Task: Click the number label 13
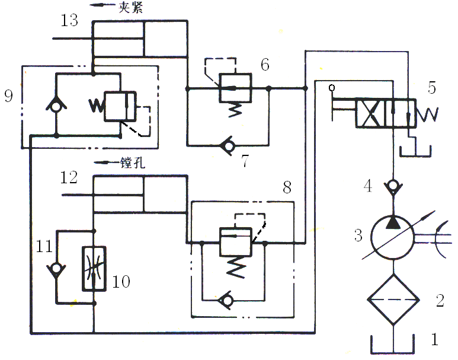click(69, 21)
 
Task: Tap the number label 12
click(69, 177)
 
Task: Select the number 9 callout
click(8, 96)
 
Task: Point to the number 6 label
click(265, 65)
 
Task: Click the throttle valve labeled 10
click(94, 268)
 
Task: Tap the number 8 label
click(287, 188)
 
